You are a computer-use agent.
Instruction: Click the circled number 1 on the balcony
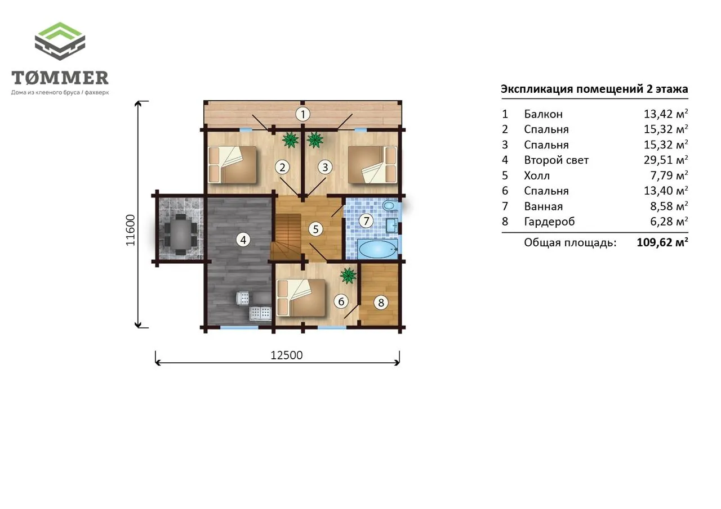(x=302, y=114)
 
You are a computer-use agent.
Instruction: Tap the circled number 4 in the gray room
(x=243, y=240)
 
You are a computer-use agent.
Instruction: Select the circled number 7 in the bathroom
(x=366, y=221)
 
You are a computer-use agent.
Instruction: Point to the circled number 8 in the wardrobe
(x=381, y=303)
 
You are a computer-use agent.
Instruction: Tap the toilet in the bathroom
(x=389, y=205)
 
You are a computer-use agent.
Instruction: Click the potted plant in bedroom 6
(x=348, y=276)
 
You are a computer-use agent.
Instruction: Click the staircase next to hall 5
(x=286, y=237)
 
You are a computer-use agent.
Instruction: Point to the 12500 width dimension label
(x=287, y=355)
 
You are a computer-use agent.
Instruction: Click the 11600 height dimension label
(x=130, y=231)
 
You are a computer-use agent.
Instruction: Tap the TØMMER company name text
(x=60, y=78)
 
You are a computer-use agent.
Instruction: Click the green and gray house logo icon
(x=60, y=41)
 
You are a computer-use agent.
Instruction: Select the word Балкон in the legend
(x=544, y=114)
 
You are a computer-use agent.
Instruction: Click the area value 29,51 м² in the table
(x=666, y=160)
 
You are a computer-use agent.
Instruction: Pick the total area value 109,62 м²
(x=662, y=242)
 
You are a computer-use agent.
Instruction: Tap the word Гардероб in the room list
(x=549, y=222)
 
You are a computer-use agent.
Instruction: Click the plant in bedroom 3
(x=315, y=140)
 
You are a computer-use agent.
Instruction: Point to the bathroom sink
(x=391, y=225)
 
